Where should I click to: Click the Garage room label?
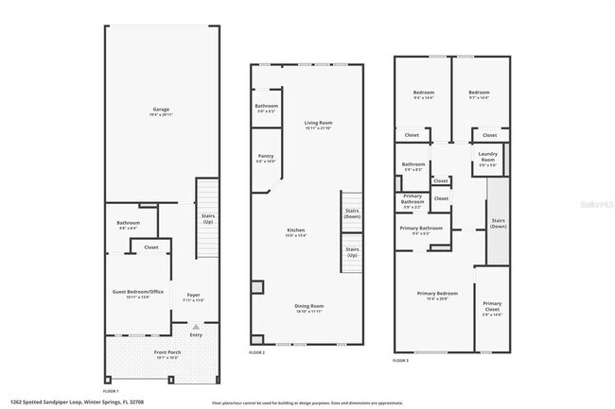coord(162,110)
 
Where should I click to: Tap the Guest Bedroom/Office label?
coord(138,293)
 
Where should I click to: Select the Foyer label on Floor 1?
coord(194,296)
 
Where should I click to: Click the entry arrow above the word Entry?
coord(196,326)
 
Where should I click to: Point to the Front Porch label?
coord(161,353)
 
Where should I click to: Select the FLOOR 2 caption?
coord(257,351)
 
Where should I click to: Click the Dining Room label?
coord(309,306)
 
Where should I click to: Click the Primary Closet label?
coord(492,306)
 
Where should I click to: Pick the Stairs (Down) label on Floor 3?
coord(499,224)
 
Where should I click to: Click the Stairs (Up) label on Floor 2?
coord(351,253)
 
